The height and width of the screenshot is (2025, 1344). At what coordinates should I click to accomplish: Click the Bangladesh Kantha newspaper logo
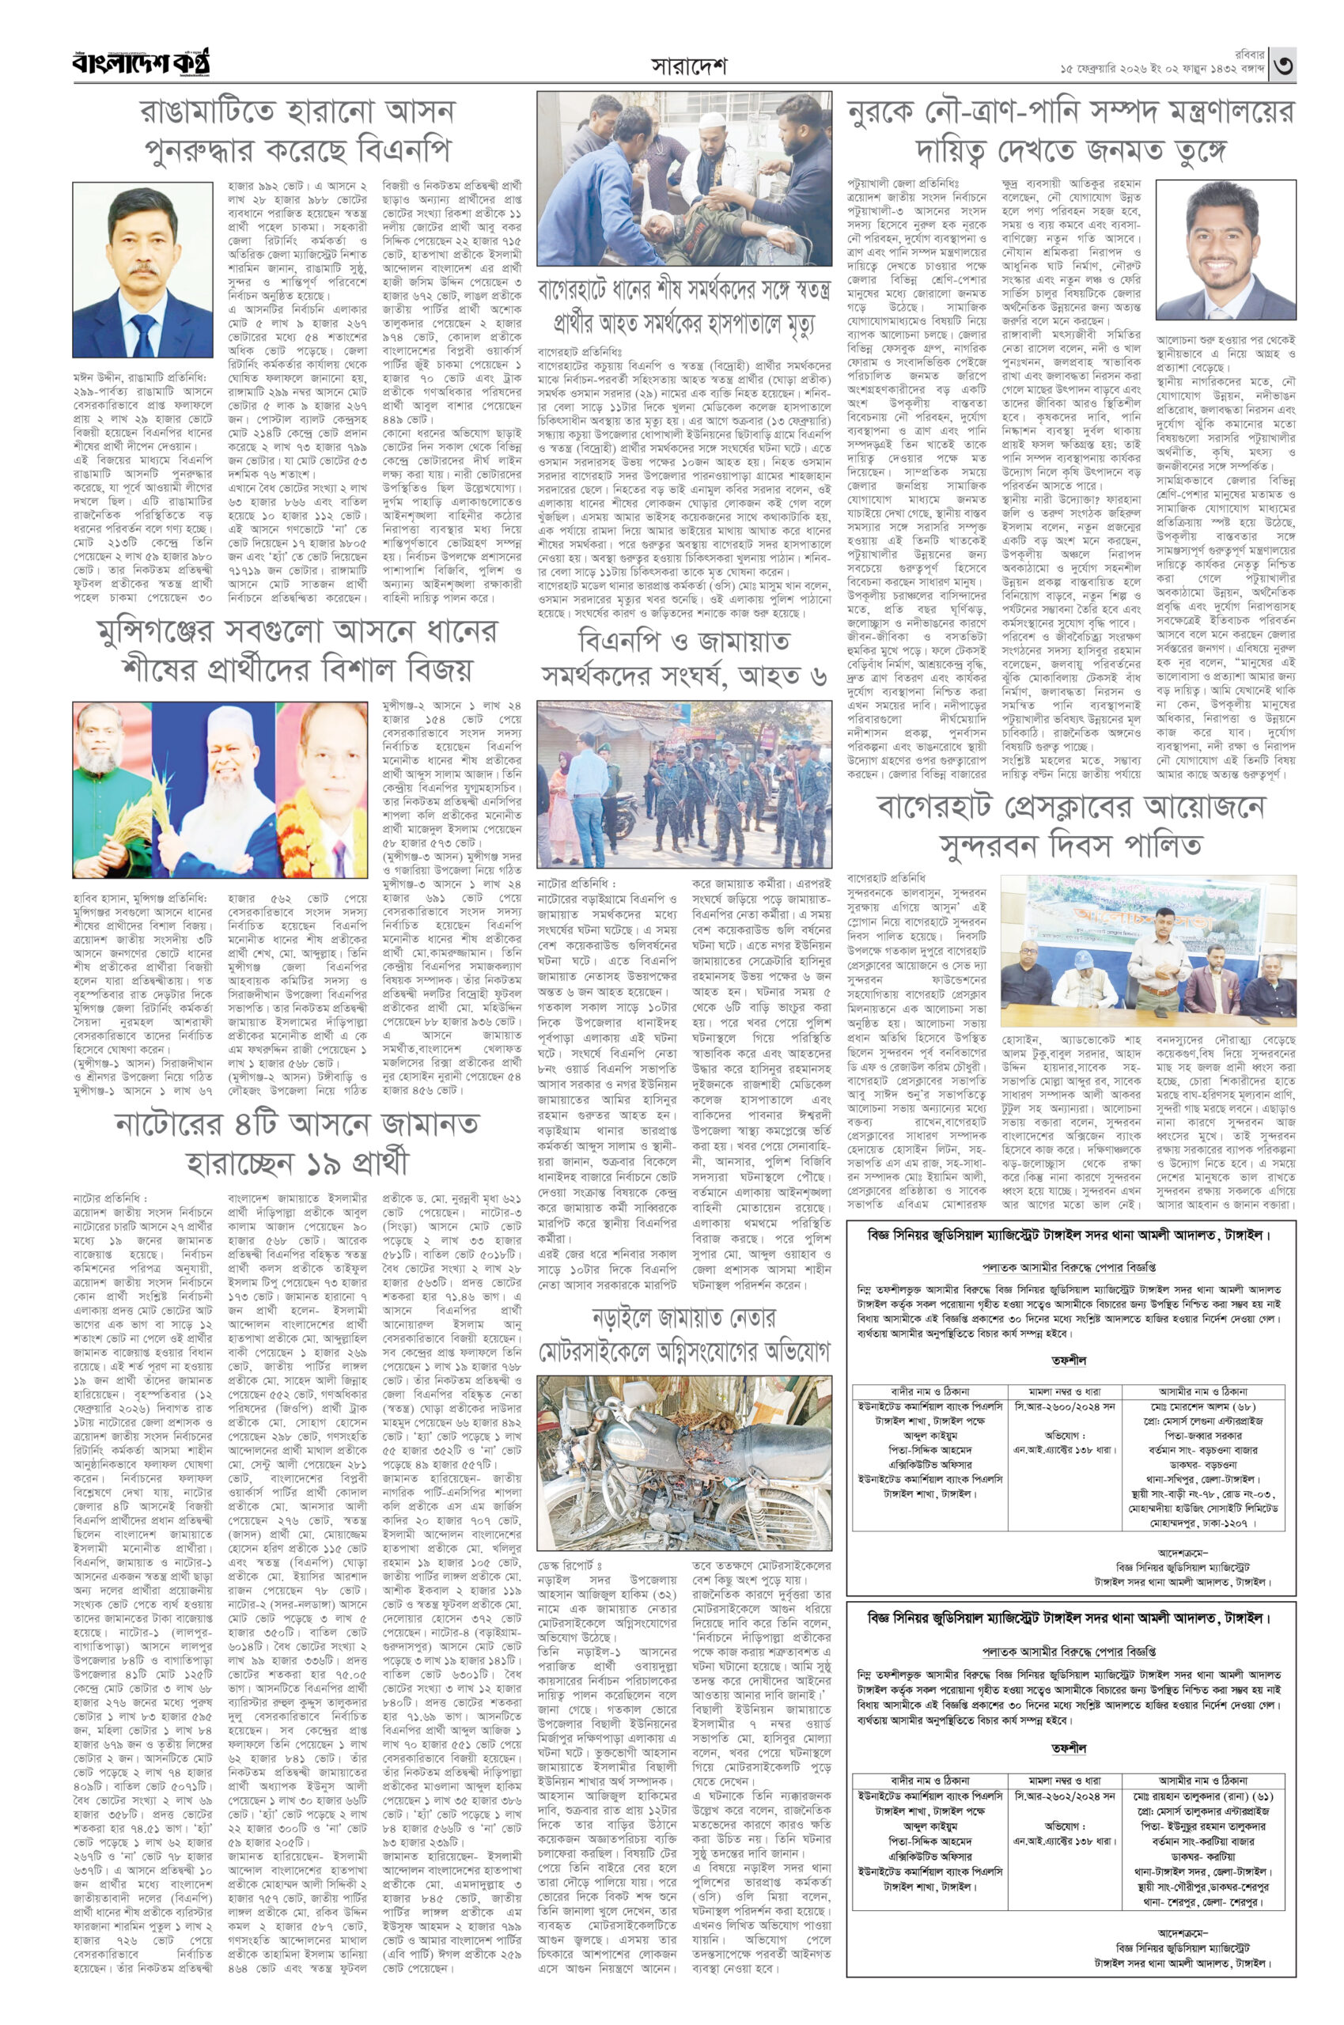click(x=142, y=63)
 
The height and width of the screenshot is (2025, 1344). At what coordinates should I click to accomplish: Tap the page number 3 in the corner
click(x=1282, y=64)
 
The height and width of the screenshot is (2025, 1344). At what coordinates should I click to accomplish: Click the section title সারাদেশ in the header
click(x=688, y=66)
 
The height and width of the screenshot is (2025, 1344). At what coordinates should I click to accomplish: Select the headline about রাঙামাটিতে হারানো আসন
click(x=297, y=131)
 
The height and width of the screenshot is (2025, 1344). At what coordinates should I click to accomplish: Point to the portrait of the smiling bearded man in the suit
click(x=1225, y=249)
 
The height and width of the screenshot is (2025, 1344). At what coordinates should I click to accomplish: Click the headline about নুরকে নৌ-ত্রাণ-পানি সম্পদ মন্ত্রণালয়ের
click(x=1070, y=131)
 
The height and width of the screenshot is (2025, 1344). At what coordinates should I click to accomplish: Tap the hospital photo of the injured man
click(x=684, y=179)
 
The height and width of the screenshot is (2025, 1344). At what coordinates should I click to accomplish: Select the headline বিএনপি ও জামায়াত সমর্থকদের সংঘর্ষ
click(x=684, y=658)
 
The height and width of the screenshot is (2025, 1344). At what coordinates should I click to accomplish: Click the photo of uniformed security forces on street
click(x=684, y=783)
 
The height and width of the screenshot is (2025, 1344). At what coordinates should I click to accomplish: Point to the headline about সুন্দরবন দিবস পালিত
click(x=1070, y=825)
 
